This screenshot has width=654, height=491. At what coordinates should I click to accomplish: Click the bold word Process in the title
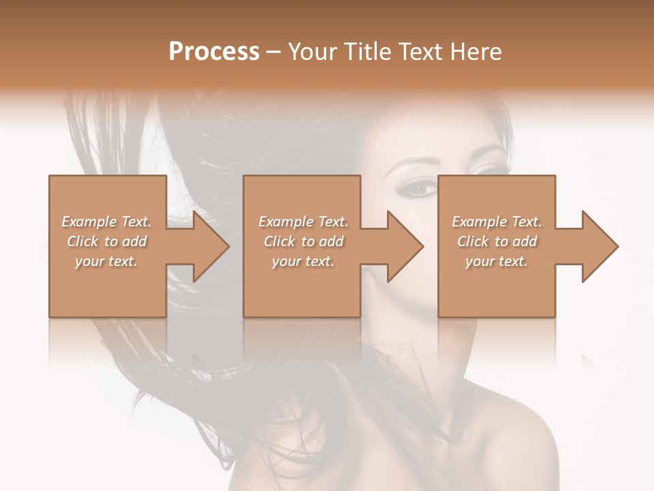(x=214, y=52)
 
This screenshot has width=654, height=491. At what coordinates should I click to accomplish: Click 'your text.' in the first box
(x=106, y=261)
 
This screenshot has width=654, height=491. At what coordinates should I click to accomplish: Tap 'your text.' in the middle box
(x=302, y=261)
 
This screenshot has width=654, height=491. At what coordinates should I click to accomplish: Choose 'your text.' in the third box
(x=496, y=261)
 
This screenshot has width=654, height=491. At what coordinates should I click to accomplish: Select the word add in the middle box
(x=331, y=241)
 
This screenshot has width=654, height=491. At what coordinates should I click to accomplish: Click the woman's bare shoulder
(x=518, y=436)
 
